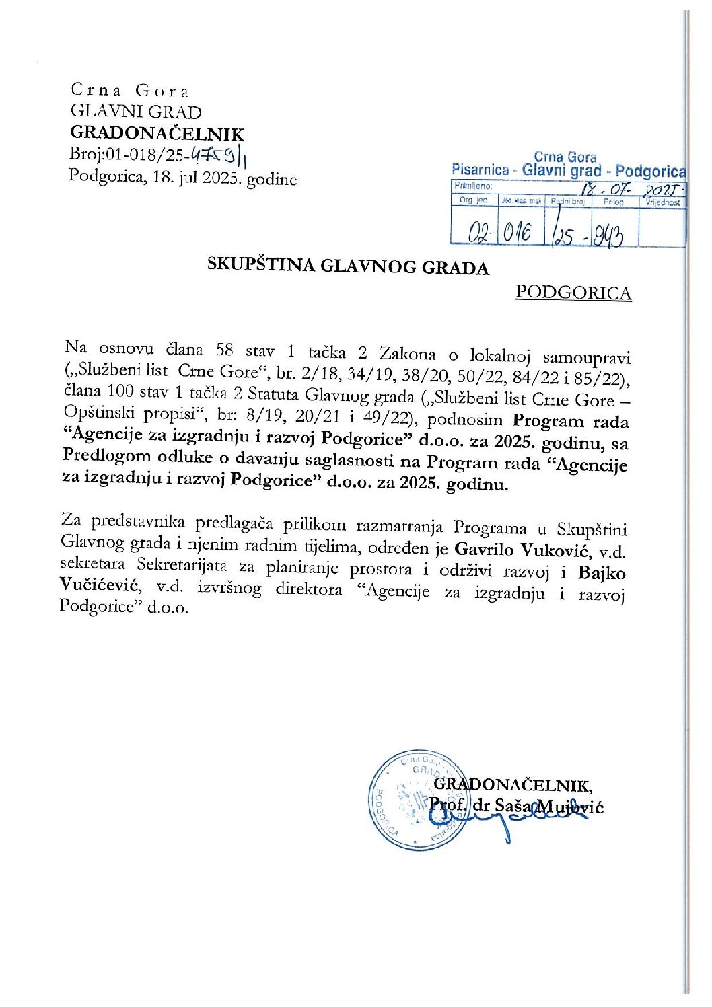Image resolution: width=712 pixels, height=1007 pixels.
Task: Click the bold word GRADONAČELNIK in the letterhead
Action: point(157,134)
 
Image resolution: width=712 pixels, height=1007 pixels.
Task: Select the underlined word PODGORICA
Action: point(573,293)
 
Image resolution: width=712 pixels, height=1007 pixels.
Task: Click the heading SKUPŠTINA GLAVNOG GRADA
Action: point(348,266)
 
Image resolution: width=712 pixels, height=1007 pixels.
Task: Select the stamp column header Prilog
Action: point(613,202)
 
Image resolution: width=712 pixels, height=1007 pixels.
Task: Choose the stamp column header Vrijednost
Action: point(662,202)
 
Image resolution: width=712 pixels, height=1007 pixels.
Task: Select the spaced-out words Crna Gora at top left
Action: point(130,91)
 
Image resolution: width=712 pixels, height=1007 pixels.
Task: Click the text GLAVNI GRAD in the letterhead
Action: point(136,112)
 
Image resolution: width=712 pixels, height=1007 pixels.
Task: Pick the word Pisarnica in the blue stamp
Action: point(480,170)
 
